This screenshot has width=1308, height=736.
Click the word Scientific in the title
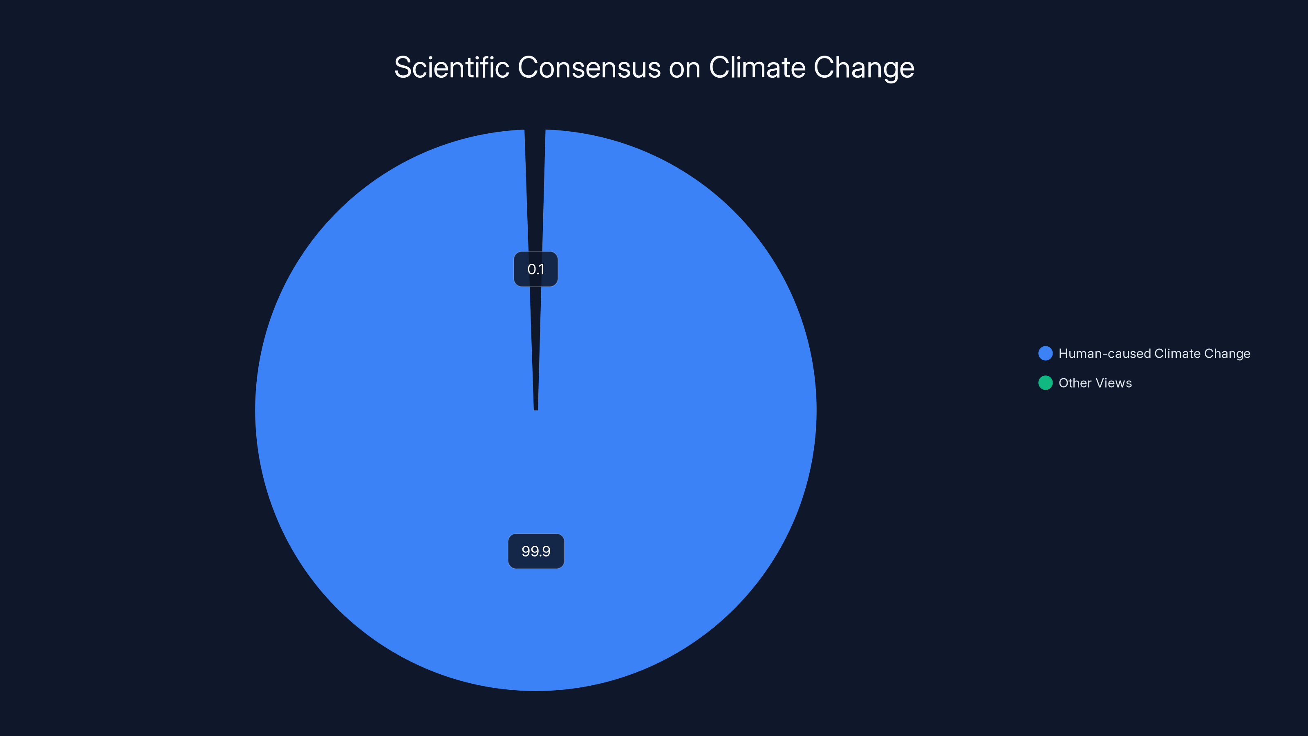point(451,67)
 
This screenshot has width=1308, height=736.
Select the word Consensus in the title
point(589,67)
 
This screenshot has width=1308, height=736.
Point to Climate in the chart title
point(757,67)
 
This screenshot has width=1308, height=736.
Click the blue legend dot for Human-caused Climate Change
point(1046,354)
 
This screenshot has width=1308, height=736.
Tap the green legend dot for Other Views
point(1046,383)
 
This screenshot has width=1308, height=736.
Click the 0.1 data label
point(536,269)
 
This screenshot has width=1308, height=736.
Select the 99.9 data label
point(536,551)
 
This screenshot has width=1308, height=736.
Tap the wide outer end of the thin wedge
point(535,133)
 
